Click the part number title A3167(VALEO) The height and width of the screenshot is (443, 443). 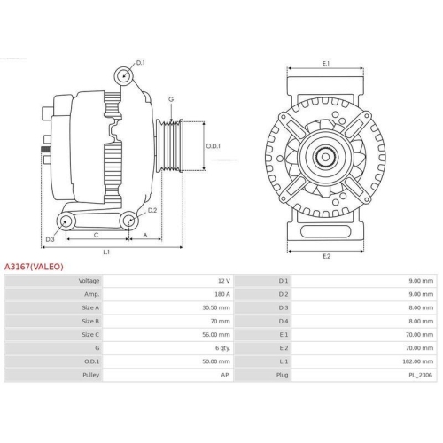tap(34, 265)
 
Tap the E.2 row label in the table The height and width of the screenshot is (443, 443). tap(284, 349)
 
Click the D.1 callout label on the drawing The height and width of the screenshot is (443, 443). tap(141, 63)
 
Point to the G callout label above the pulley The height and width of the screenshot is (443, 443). tap(170, 99)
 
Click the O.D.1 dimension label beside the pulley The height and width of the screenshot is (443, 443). tap(214, 146)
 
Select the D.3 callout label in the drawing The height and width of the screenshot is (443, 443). tap(51, 239)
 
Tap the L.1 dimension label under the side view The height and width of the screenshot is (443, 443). tap(106, 253)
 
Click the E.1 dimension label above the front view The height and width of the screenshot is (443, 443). tap(325, 64)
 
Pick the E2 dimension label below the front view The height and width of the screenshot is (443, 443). tap(325, 256)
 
